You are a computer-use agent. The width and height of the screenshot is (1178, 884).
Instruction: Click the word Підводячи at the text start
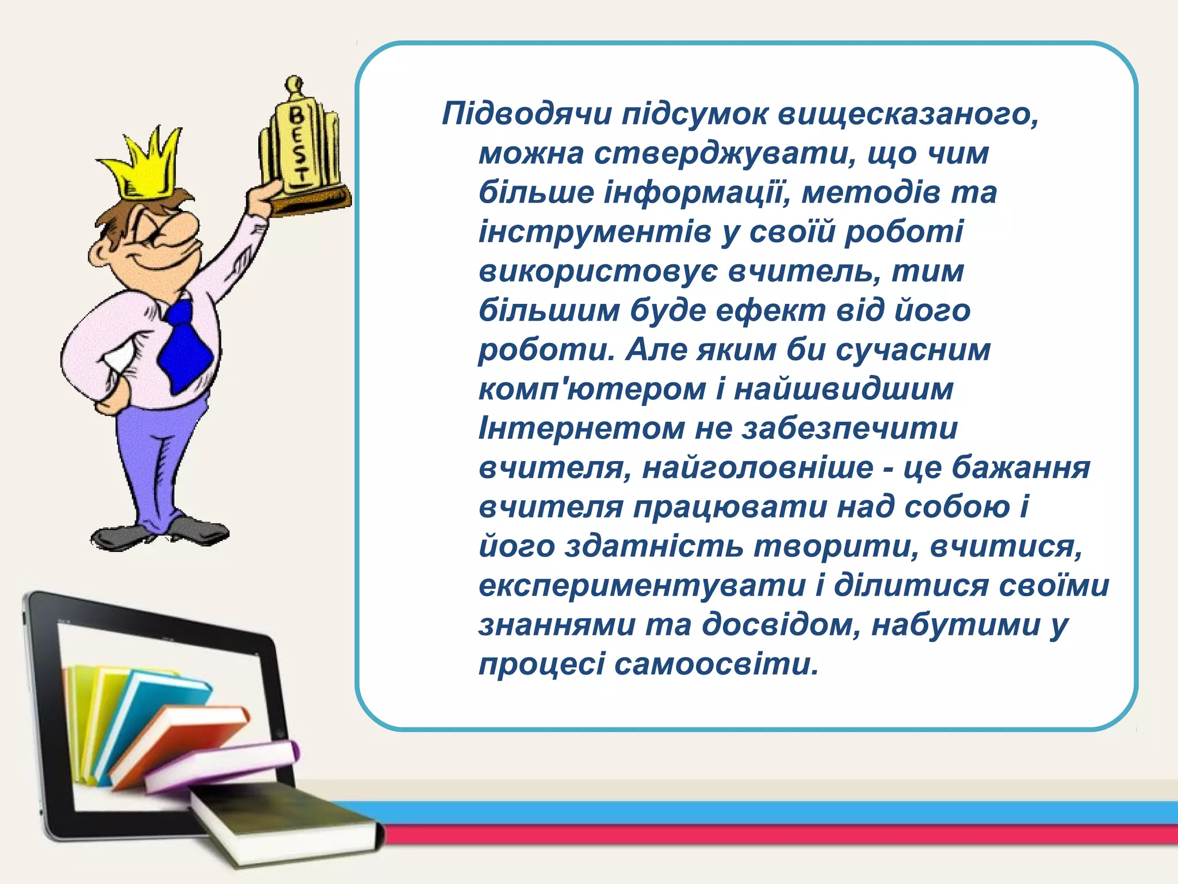[x=526, y=114]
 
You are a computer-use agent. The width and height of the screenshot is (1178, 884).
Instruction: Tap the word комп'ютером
[x=592, y=390]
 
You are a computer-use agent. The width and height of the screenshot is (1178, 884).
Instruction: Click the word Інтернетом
[x=582, y=429]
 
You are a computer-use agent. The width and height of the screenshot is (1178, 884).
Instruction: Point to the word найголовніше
[x=758, y=467]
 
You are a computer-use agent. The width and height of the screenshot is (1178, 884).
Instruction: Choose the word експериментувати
[x=642, y=586]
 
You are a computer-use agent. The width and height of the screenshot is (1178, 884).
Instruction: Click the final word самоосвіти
[x=716, y=665]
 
